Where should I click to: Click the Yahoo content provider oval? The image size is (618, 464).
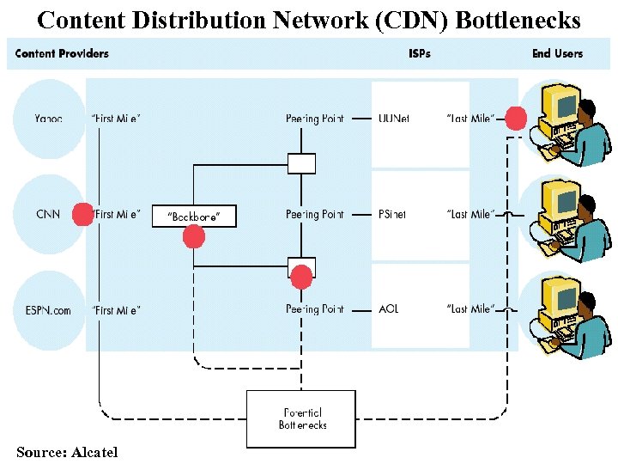coord(49,119)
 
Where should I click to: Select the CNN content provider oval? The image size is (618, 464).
coord(48,214)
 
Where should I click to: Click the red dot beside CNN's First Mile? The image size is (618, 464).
coord(82,214)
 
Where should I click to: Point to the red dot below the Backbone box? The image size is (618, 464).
coord(195,236)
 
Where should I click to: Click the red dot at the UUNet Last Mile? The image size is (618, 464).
coord(516,119)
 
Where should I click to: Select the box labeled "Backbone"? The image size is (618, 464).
coord(193,216)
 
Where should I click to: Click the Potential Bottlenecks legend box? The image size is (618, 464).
coord(301,419)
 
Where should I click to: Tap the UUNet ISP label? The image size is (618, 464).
coord(395,119)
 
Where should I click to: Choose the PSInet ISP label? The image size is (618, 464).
coord(393,214)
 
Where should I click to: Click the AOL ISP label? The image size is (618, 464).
coord(389,309)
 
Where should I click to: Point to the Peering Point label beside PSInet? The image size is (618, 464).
coord(315,214)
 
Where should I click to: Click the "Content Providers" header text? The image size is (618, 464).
coord(62,53)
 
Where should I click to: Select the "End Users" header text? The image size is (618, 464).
coord(557,53)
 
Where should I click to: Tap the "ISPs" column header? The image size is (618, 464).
coord(420,53)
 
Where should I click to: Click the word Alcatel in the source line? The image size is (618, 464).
coord(94,452)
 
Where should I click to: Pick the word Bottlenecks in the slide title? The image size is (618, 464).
coord(518,19)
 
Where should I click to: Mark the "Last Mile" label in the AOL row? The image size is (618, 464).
coord(470,309)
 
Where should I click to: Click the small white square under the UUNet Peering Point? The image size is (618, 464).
coord(301,163)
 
